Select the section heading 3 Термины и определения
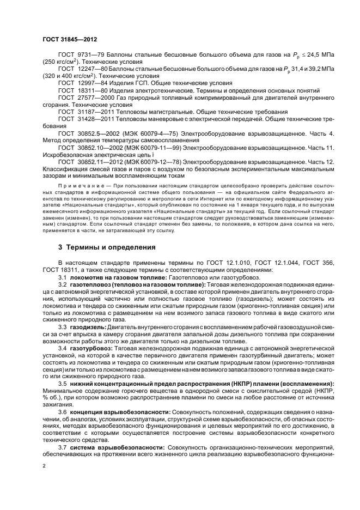click(107, 247)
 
